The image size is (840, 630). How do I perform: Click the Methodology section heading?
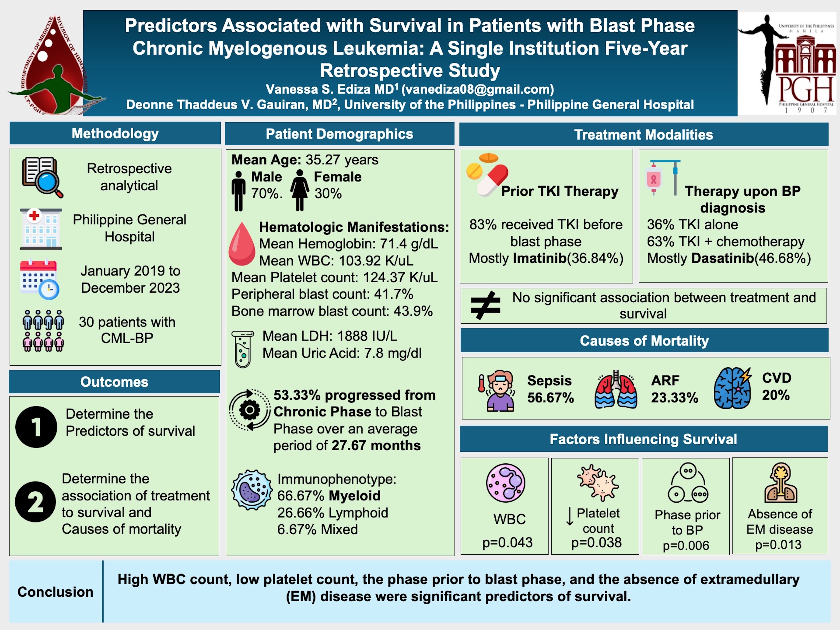coord(115,133)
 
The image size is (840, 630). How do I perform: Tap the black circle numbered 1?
coord(36,427)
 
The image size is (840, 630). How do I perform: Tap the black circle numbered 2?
coord(36,502)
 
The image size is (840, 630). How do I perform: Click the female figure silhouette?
coord(300,190)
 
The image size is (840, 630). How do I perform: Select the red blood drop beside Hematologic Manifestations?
coord(242,244)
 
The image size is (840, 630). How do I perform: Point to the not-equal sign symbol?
coord(485,305)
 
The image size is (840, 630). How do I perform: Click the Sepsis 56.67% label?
coord(550,389)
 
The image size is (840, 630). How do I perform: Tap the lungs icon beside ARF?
coord(615,389)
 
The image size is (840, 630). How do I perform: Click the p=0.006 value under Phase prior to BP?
coord(686,545)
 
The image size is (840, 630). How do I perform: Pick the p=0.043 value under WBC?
coord(507,542)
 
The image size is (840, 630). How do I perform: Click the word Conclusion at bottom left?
coord(55,592)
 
